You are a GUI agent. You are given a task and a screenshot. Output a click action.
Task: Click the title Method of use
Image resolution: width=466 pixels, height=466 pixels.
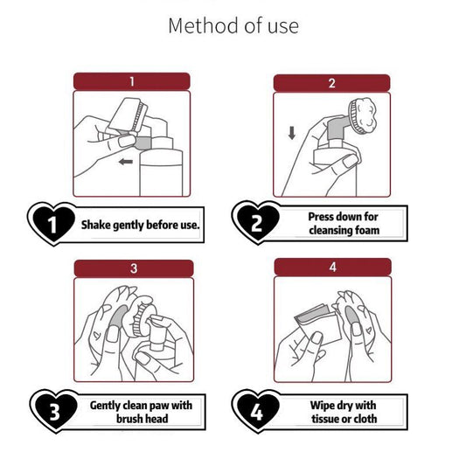point(233,26)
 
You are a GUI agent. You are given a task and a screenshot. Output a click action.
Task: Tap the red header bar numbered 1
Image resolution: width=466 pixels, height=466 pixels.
point(131,81)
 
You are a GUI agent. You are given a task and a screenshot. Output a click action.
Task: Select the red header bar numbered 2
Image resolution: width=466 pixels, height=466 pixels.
point(331,83)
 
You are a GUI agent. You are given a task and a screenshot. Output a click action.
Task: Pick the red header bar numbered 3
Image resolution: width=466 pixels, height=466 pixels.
point(134,268)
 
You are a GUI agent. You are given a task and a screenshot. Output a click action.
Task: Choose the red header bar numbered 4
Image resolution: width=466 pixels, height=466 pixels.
point(332,267)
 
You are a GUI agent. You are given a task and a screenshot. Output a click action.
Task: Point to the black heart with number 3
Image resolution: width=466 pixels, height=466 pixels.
point(55,411)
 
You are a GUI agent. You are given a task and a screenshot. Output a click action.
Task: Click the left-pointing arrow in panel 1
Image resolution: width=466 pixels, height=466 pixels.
point(126,162)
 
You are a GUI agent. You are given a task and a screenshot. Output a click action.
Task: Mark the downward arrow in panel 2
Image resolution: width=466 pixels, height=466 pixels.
point(292,133)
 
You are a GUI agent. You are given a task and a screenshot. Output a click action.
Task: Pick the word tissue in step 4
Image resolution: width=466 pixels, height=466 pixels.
point(325,419)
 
